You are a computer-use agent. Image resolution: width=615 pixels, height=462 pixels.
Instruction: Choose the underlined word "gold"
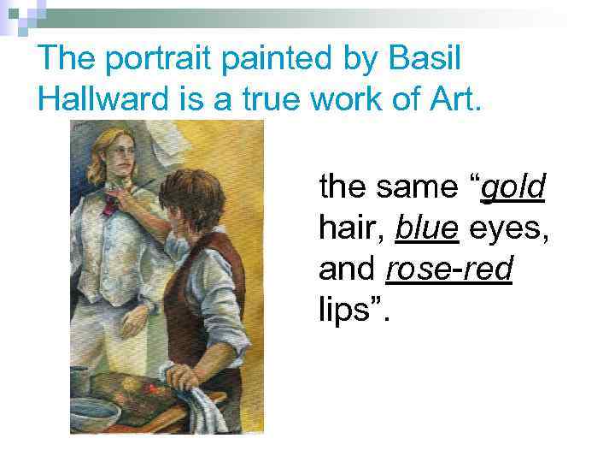(513, 187)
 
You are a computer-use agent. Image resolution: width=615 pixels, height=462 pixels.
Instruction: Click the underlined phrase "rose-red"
(449, 270)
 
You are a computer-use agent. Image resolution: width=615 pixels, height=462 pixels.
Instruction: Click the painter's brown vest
(218, 291)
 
